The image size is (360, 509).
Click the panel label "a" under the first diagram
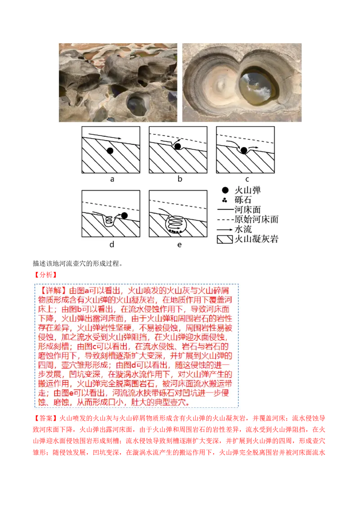tap(112, 179)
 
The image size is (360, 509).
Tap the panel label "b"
tap(180, 179)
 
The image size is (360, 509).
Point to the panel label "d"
tap(112, 244)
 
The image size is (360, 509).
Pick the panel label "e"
tap(180, 244)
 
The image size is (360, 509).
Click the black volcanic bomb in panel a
tap(110, 151)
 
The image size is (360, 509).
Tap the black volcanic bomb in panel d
tap(125, 216)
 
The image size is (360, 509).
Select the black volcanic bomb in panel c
tap(244, 150)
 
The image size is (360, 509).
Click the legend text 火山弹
tap(247, 190)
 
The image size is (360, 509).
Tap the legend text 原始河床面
tap(256, 219)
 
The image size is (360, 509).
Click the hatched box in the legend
tap(224, 239)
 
